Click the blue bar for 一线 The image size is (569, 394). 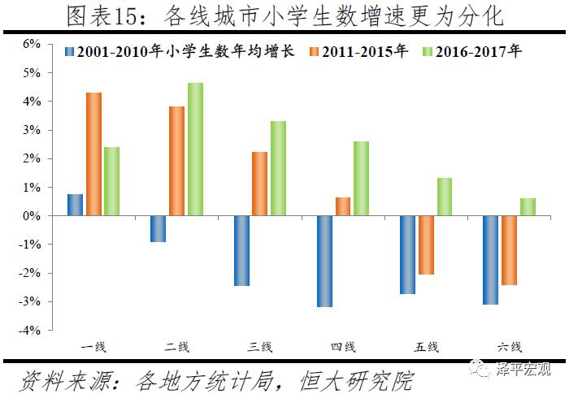tap(75, 206)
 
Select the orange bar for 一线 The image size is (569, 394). tap(94, 154)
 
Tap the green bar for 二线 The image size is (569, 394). tap(196, 149)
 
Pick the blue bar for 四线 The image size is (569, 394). tap(324, 262)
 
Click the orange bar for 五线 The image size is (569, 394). tap(426, 245)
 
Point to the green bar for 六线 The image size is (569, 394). tap(528, 207)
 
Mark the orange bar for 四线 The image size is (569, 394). tap(343, 207)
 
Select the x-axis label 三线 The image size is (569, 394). tap(260, 347)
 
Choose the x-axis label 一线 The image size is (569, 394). tap(94, 347)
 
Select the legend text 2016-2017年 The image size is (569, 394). tap(480, 52)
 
